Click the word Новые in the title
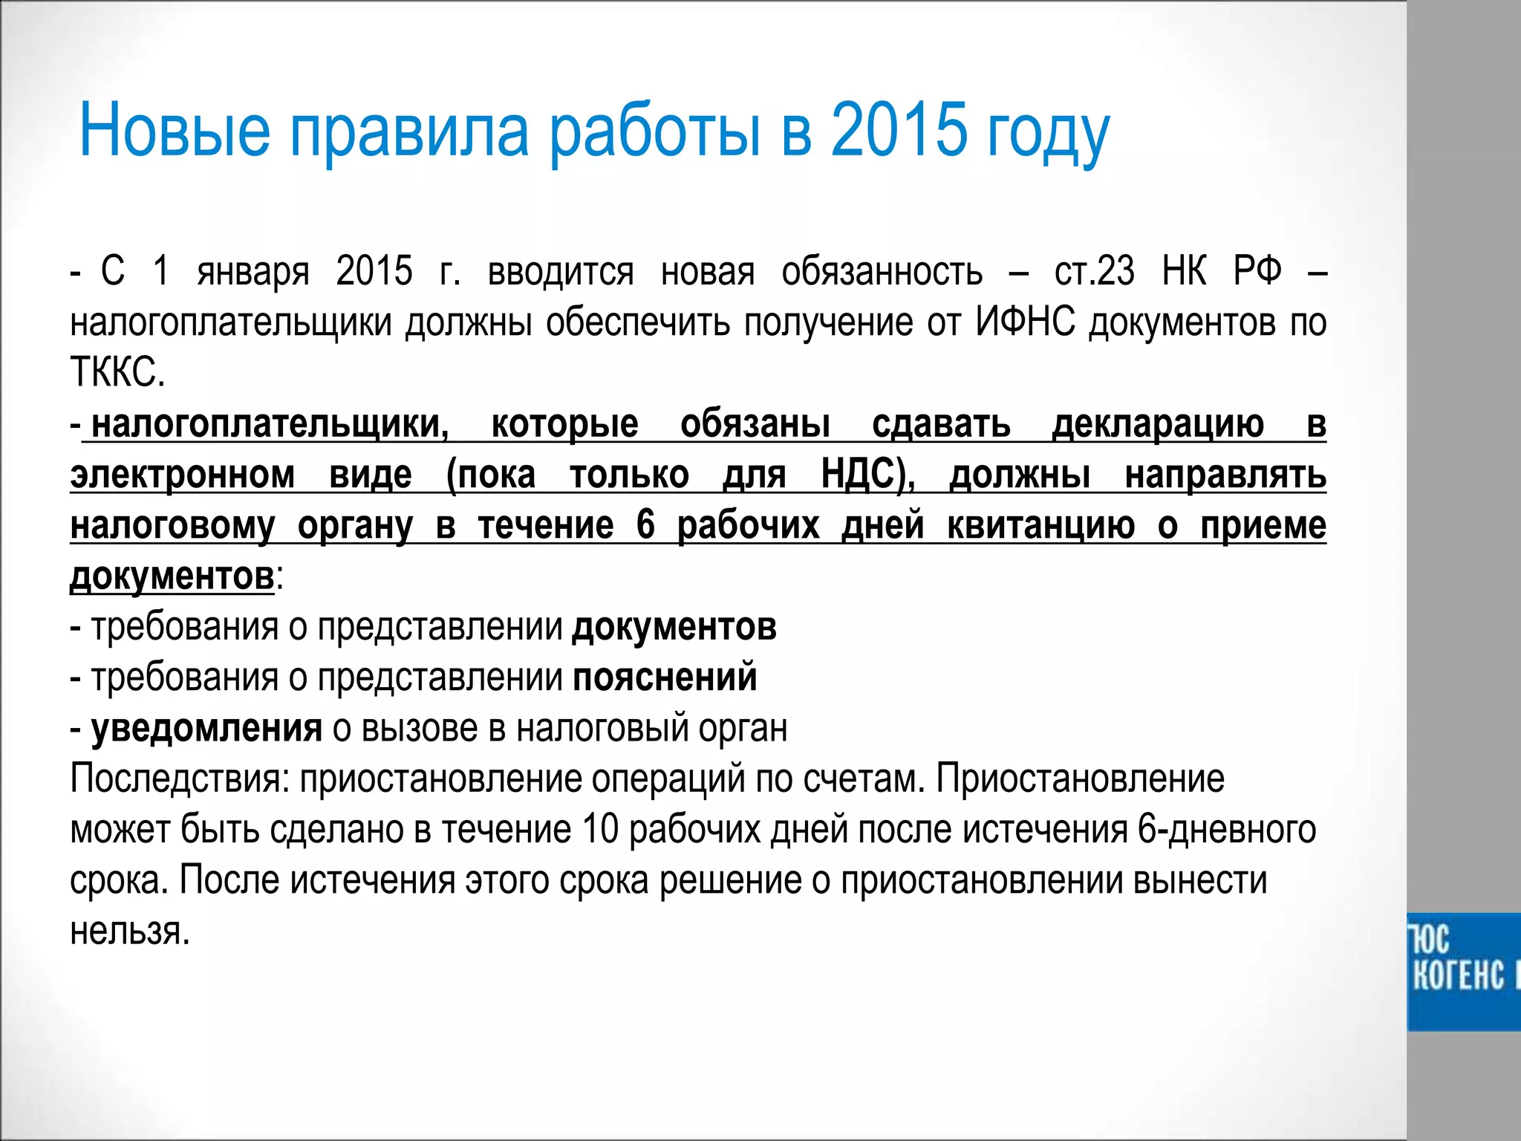click(175, 130)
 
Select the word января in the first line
click(253, 271)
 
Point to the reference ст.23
click(1094, 271)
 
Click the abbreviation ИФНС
click(1025, 322)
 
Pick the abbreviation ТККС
click(117, 372)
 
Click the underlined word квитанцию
click(1040, 524)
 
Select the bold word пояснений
click(665, 677)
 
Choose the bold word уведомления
click(206, 728)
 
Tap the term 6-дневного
click(1226, 829)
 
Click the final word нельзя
click(129, 930)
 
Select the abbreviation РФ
click(1257, 271)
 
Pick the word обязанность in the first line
click(882, 271)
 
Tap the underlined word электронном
click(183, 474)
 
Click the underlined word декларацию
click(1158, 423)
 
